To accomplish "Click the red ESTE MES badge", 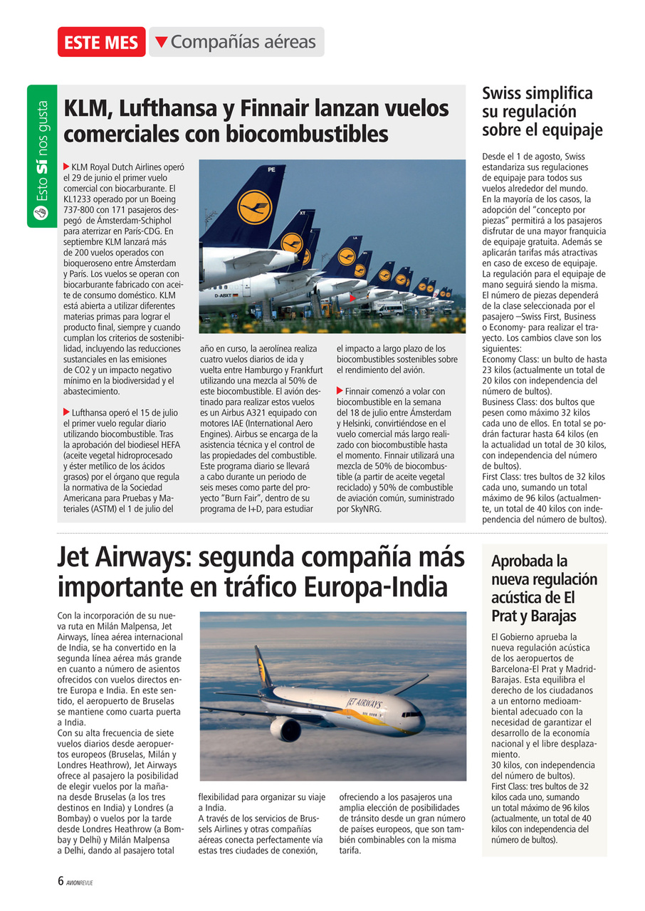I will (x=101, y=42).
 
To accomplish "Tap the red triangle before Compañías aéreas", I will (x=162, y=42).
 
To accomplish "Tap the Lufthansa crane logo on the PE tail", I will (x=254, y=207).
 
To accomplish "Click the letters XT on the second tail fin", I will (x=302, y=213).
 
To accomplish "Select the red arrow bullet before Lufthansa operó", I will (x=67, y=411).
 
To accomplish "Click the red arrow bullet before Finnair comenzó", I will (x=340, y=391).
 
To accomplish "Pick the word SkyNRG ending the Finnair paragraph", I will (x=365, y=509).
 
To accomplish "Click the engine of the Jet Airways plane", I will (x=285, y=728).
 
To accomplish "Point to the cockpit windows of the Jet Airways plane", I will (x=411, y=714).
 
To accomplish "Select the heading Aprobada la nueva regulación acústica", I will (x=544, y=588).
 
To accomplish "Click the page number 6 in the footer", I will (x=61, y=880).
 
